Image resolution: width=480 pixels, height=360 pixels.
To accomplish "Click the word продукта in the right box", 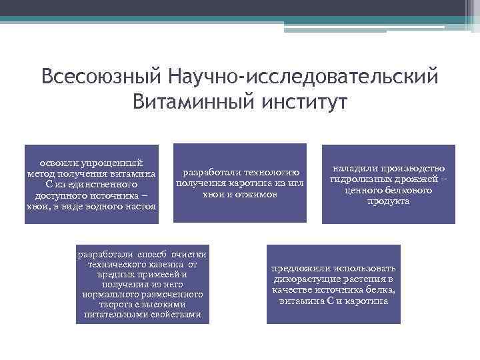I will (x=388, y=201).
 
